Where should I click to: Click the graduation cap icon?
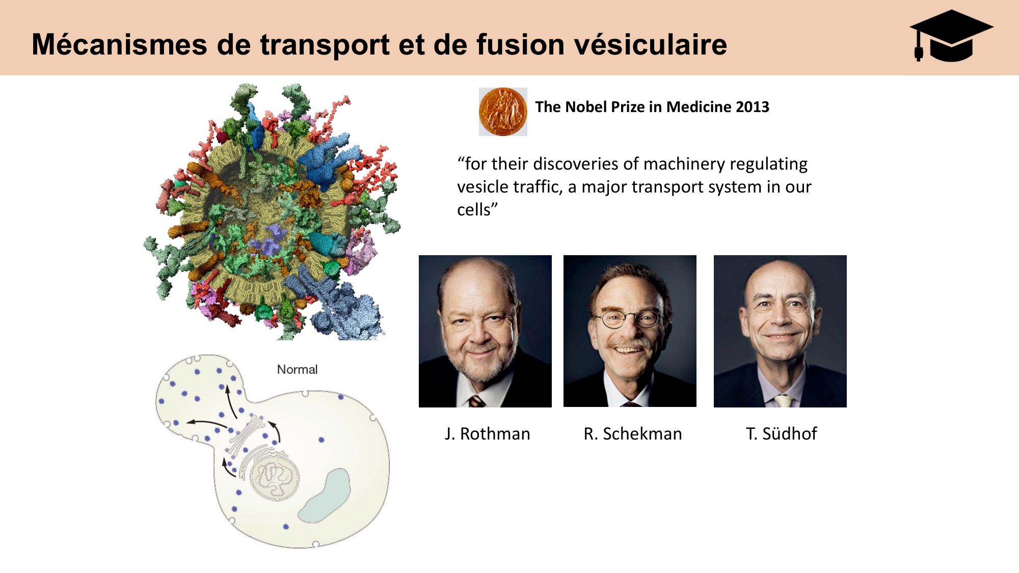951,36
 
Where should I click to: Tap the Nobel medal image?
502,112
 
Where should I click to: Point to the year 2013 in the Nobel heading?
752,107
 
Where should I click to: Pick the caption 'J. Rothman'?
487,434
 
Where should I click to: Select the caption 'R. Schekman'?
632,434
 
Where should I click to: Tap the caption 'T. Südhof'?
781,434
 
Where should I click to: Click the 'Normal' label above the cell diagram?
297,370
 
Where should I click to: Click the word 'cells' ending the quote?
474,210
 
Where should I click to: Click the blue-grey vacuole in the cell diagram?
325,497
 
